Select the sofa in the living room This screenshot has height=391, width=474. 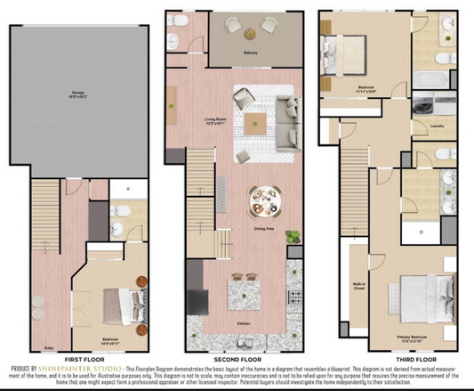[x=288, y=122]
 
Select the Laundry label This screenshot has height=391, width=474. [x=437, y=126]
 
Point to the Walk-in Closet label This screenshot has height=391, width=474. [x=360, y=262]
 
